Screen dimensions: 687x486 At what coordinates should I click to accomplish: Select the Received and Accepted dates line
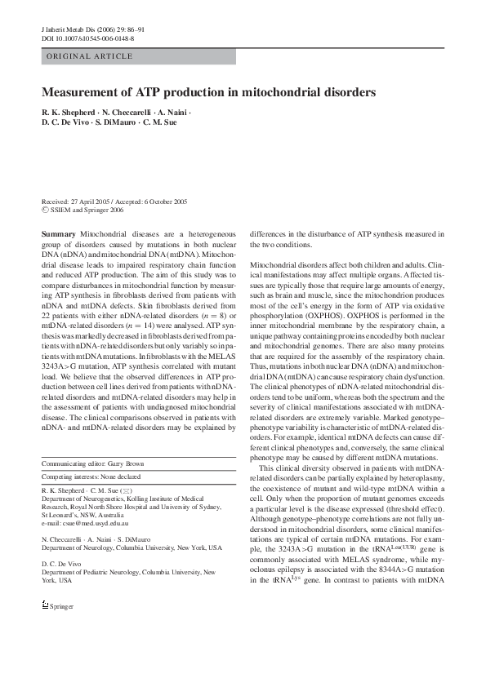114,202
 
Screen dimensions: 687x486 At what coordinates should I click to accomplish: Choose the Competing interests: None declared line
91,476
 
